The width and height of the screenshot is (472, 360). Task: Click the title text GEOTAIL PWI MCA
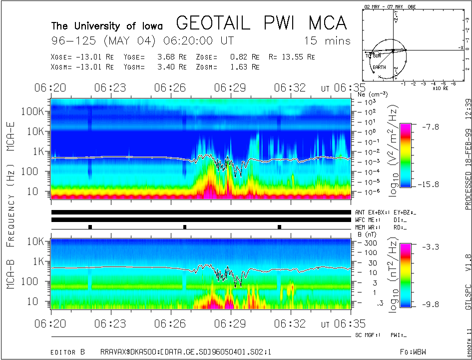coord(261,23)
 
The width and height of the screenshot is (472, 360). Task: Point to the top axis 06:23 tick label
coord(110,88)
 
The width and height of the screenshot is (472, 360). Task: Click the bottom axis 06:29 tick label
coord(230,323)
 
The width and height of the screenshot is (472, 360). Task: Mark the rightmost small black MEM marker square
coord(279,227)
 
